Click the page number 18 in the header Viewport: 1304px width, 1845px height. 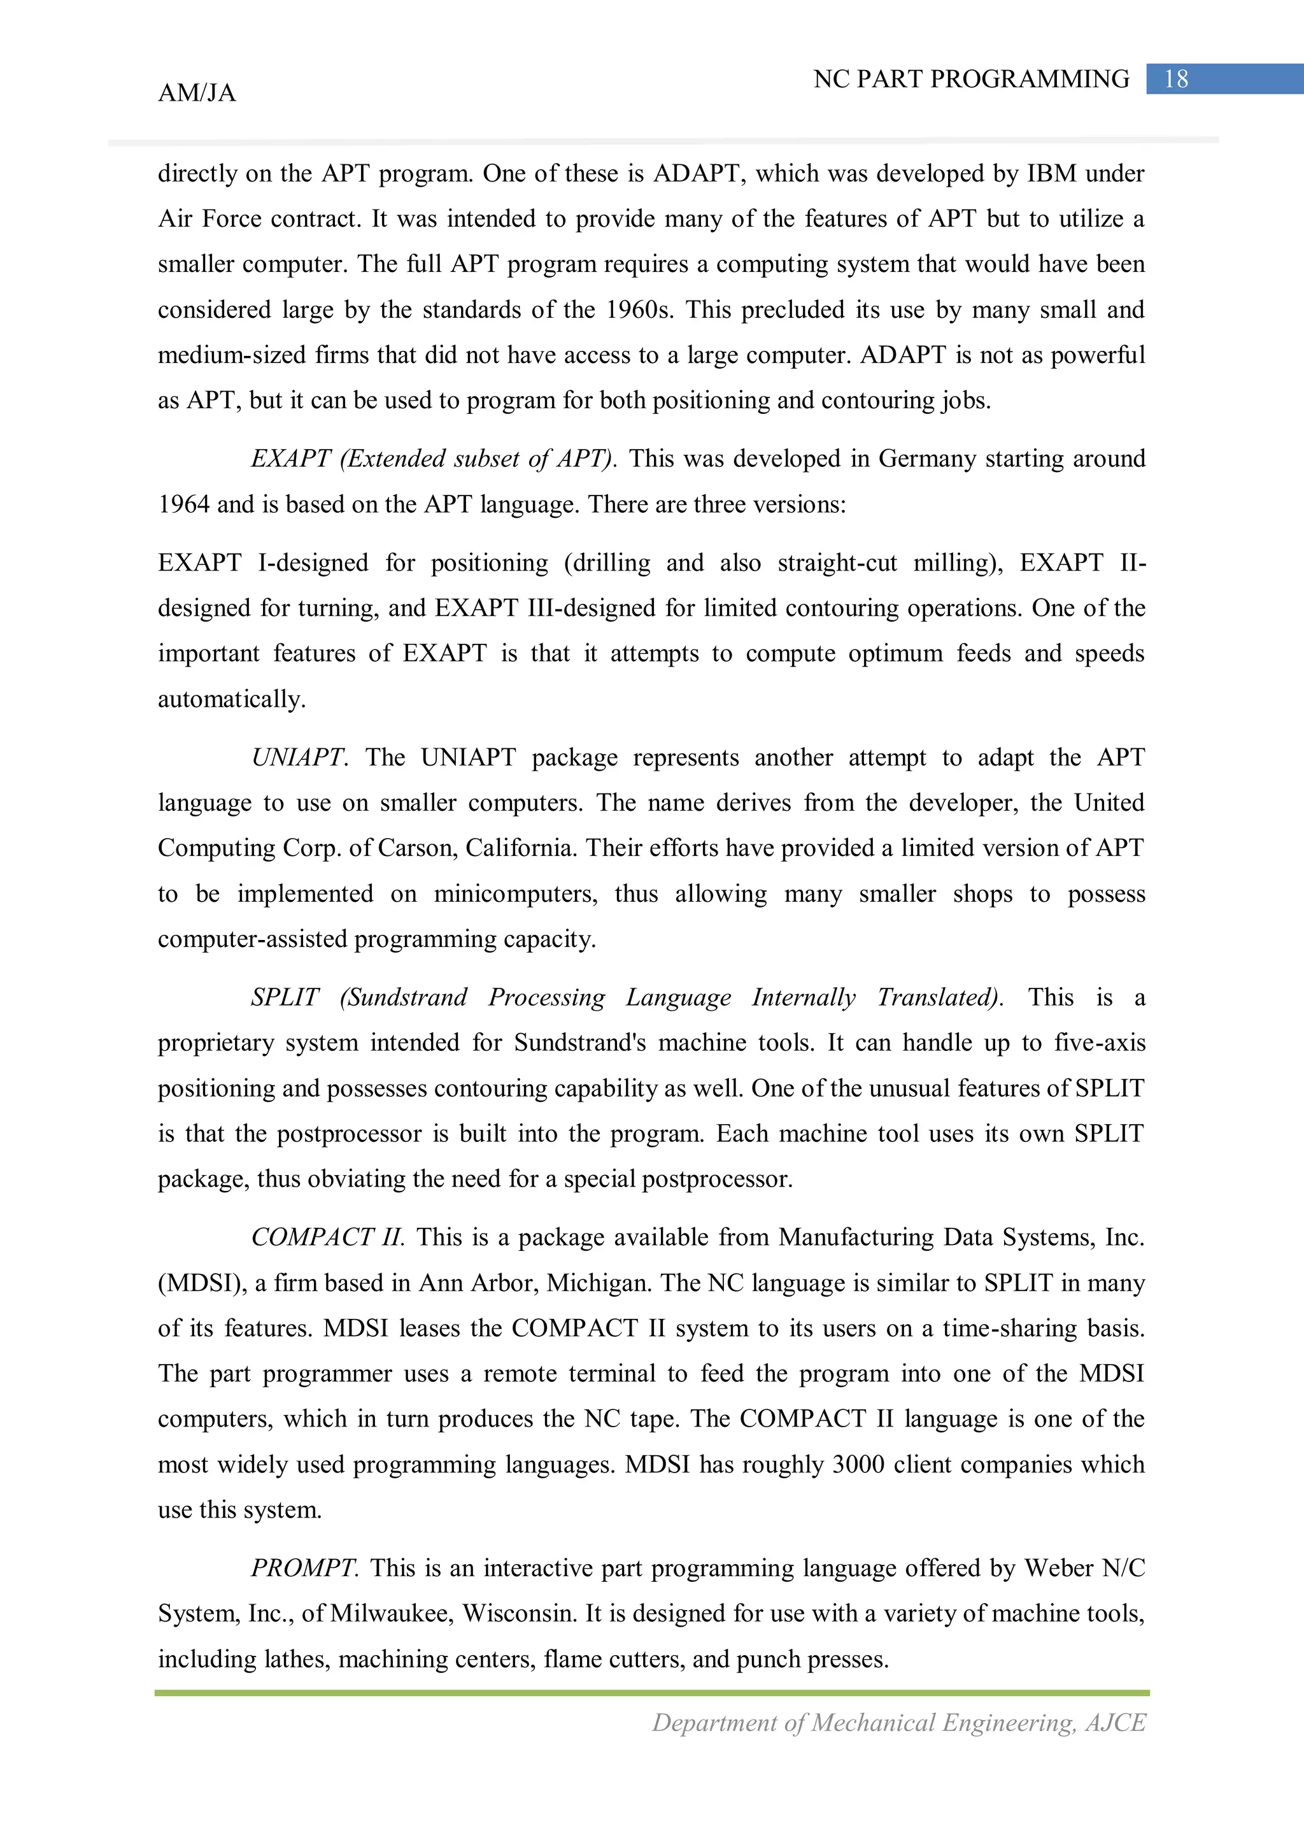(1175, 79)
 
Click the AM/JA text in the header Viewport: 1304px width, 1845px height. (197, 93)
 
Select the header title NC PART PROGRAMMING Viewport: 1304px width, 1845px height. (970, 79)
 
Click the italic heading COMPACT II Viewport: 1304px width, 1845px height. (328, 1237)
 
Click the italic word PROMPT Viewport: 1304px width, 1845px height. (304, 1568)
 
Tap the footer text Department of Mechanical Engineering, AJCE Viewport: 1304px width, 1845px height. (898, 1723)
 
